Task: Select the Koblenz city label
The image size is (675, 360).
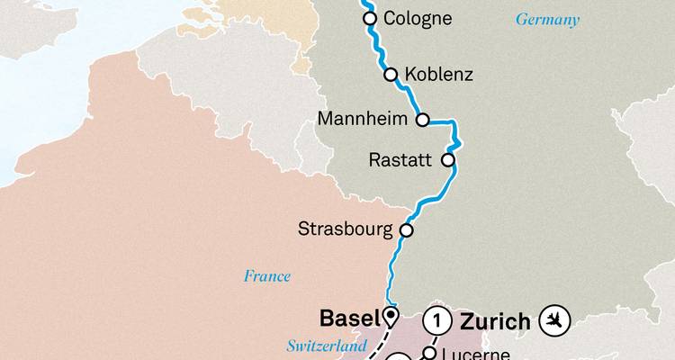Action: click(440, 75)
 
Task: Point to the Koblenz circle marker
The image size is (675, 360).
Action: click(391, 75)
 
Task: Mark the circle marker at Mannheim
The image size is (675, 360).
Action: click(421, 119)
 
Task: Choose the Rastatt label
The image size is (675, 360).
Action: click(401, 160)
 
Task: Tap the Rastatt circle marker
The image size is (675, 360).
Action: click(447, 160)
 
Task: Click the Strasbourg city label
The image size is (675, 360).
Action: click(346, 229)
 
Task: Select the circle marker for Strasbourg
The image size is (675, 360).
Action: click(406, 230)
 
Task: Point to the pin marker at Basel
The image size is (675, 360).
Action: click(390, 316)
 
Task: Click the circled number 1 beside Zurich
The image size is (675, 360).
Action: click(436, 319)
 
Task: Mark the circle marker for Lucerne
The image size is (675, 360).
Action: click(429, 354)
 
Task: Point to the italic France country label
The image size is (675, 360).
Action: click(266, 276)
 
